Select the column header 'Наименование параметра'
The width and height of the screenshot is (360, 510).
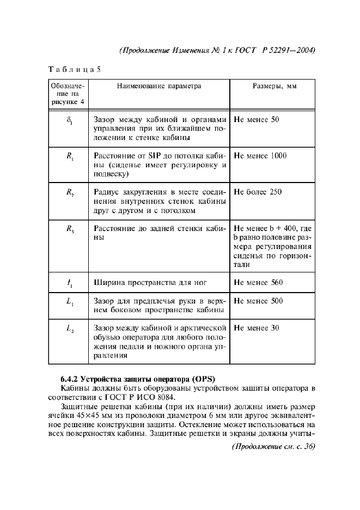158,86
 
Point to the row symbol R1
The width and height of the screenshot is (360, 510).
69,156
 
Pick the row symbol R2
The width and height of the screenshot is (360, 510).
69,193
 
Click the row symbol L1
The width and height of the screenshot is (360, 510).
69,302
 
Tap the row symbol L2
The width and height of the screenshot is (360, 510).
69,330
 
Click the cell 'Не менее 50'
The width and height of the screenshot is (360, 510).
256,119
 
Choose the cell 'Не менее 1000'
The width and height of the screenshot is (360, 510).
260,156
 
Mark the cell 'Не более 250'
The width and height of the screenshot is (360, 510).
258,192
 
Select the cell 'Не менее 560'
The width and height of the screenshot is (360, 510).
258,283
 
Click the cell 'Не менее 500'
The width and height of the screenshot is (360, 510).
258,301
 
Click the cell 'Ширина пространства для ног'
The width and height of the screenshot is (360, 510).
151,283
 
